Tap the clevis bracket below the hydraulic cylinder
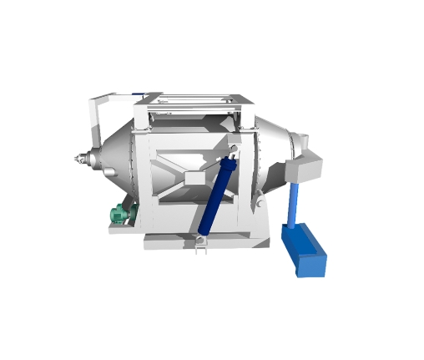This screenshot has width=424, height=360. coord(200,243)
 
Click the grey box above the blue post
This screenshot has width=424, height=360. coord(306,166)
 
